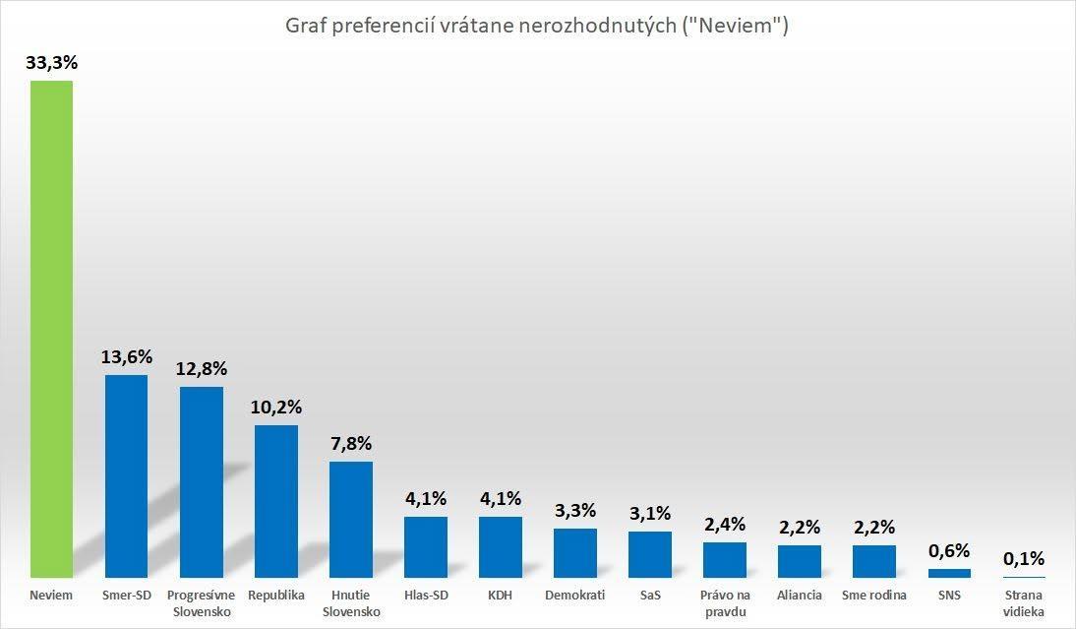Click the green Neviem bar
point(51,329)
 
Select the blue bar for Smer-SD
point(126,475)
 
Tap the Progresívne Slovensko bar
point(201,482)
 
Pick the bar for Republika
point(275,501)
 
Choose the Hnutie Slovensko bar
point(351,519)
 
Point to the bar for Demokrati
point(575,553)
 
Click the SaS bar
point(650,554)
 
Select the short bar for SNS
point(949,573)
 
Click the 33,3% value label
point(52,62)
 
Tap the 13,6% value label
point(126,356)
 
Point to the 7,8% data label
point(351,444)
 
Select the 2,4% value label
point(725,524)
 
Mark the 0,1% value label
point(1024,559)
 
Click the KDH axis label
point(501,596)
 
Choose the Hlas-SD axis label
point(426,596)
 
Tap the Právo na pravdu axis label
point(725,603)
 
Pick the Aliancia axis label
point(800,596)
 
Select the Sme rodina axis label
point(874,596)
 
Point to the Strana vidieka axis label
point(1024,603)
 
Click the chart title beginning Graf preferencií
point(537,26)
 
